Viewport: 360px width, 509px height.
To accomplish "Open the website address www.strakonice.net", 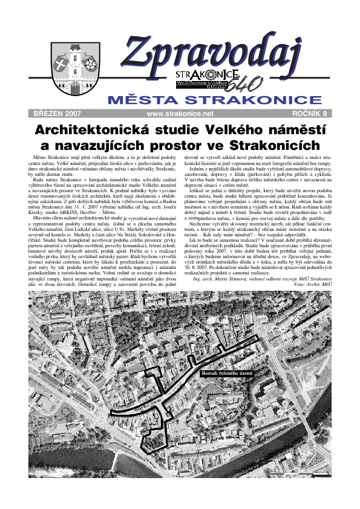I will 180,113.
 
